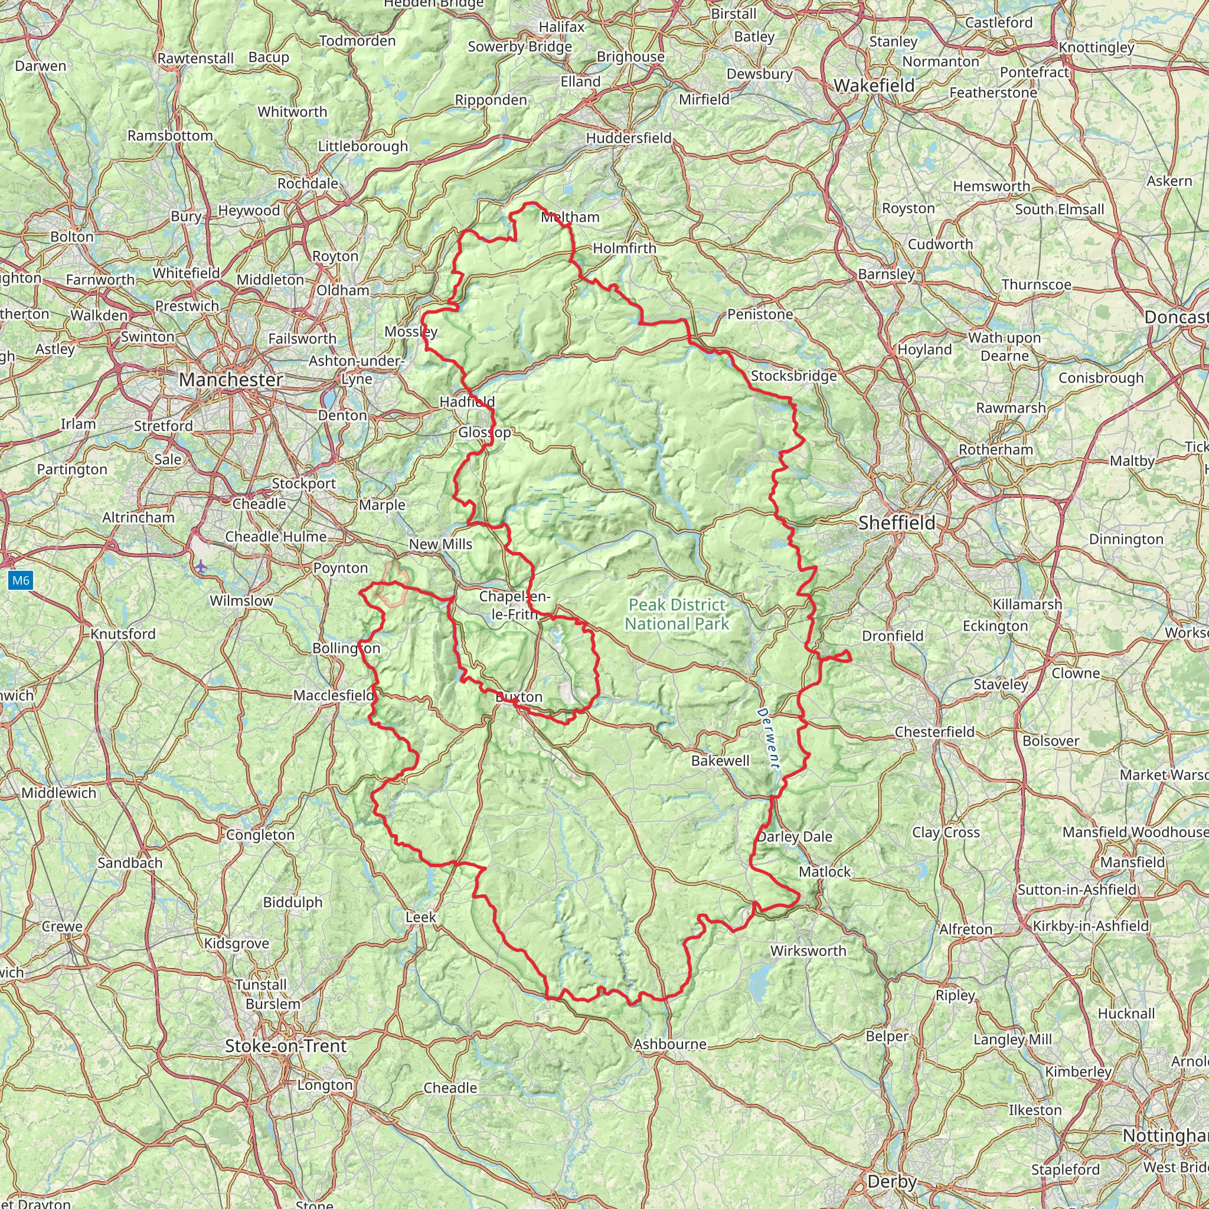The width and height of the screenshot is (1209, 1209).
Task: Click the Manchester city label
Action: (230, 380)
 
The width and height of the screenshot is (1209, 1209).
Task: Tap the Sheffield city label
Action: (897, 523)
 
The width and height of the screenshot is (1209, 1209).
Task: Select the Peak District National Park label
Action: (677, 614)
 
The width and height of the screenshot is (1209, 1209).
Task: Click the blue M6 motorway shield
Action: (21, 580)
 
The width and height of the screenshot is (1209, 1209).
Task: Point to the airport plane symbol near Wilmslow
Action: (201, 566)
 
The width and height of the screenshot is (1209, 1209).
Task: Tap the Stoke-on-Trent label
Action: (285, 1045)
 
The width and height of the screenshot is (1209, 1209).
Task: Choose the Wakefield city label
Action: (874, 86)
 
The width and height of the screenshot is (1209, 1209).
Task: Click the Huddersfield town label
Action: (628, 138)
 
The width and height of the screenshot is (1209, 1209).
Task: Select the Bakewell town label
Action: (720, 760)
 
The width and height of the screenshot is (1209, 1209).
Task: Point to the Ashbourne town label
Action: (669, 1044)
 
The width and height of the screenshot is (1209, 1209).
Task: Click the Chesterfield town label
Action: (934, 731)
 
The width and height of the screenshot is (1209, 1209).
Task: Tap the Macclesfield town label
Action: (334, 695)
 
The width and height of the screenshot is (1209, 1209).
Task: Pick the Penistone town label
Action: (760, 314)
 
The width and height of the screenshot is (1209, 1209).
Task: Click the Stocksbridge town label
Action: (793, 375)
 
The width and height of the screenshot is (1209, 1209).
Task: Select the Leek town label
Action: (420, 917)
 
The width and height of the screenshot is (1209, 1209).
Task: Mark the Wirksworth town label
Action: (808, 950)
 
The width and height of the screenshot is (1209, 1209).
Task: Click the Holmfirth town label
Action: (625, 249)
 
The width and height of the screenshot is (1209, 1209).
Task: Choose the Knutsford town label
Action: (123, 634)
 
